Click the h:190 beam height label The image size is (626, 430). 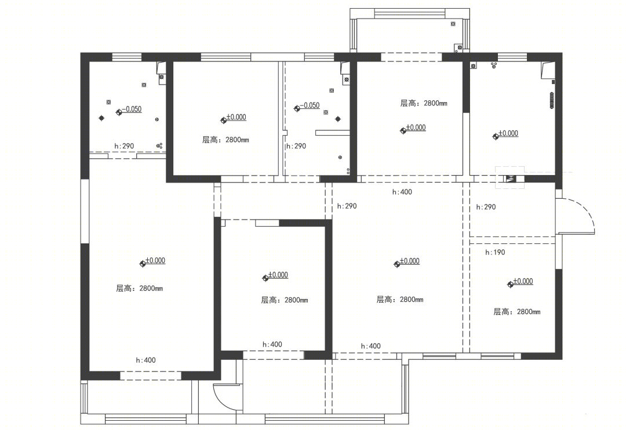(x=495, y=252)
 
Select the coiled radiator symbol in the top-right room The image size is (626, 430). (x=552, y=100)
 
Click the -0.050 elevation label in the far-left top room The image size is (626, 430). (x=132, y=109)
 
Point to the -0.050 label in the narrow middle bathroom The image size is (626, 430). (x=310, y=105)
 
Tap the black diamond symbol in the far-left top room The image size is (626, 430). (x=102, y=118)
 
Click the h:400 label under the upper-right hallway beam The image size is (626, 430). (x=402, y=192)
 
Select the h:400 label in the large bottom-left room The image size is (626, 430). (x=145, y=360)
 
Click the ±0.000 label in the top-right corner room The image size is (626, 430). (x=508, y=133)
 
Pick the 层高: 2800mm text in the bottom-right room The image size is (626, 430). (x=517, y=312)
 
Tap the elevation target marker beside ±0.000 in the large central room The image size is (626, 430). (x=397, y=264)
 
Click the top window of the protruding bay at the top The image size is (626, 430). (x=410, y=13)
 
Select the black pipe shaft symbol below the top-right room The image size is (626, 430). (x=510, y=179)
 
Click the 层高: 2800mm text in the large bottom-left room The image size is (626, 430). (x=139, y=288)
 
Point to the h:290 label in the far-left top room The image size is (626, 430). (x=124, y=146)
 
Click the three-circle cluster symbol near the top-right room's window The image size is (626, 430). (x=494, y=65)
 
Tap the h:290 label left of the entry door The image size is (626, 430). (x=486, y=207)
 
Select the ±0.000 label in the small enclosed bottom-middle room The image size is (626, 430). (x=278, y=275)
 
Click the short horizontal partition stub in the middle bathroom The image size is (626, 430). (x=333, y=133)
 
